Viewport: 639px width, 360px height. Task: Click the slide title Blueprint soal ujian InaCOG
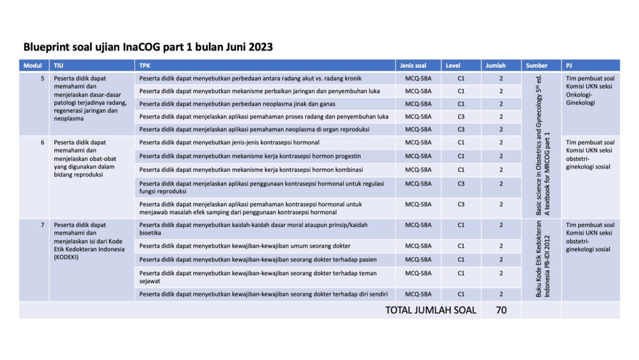click(x=148, y=47)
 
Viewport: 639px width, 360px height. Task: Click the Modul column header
click(x=32, y=66)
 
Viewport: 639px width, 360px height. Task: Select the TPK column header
click(x=145, y=66)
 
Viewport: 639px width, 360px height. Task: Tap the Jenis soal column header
click(x=412, y=66)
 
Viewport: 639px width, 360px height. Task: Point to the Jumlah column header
click(x=494, y=66)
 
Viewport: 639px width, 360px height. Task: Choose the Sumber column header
click(x=537, y=66)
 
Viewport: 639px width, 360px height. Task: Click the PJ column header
click(x=570, y=66)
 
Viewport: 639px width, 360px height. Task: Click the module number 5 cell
click(x=42, y=79)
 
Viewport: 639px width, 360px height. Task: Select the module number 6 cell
click(x=42, y=142)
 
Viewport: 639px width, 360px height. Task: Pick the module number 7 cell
click(x=42, y=225)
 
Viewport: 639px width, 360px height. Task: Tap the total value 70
click(x=501, y=309)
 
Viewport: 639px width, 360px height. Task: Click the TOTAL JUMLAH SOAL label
click(x=431, y=309)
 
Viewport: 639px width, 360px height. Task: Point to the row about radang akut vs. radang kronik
click(x=250, y=79)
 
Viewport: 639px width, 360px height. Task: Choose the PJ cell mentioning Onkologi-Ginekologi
click(x=590, y=90)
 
